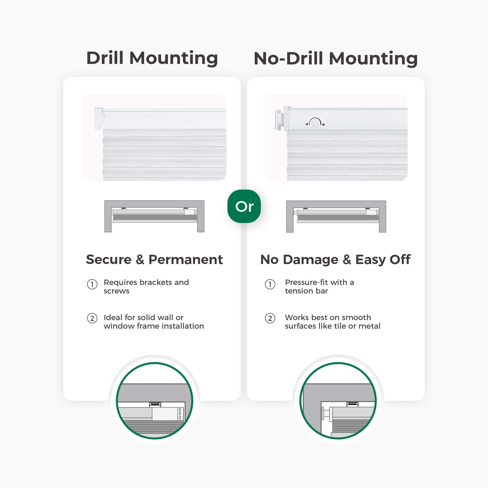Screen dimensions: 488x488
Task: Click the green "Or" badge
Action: tap(244, 206)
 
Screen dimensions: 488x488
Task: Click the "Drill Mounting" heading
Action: tap(152, 58)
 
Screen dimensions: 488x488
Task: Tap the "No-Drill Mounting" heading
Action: tap(336, 58)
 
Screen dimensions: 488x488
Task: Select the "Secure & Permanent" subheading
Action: tap(154, 259)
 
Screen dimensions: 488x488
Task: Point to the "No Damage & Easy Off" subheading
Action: tap(335, 260)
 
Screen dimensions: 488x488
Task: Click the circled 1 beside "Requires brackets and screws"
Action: tap(92, 285)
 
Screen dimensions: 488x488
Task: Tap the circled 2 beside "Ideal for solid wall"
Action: tap(92, 318)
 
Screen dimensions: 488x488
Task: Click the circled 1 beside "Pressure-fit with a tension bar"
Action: tap(270, 285)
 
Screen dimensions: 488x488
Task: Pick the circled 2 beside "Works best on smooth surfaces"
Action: tap(270, 318)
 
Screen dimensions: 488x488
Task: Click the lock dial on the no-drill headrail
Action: tap(315, 123)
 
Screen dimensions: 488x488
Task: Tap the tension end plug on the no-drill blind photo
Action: tap(278, 120)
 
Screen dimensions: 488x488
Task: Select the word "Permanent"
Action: tap(186, 259)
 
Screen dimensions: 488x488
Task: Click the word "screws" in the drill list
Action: tap(116, 291)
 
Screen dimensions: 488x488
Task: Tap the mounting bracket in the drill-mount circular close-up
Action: tap(155, 405)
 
